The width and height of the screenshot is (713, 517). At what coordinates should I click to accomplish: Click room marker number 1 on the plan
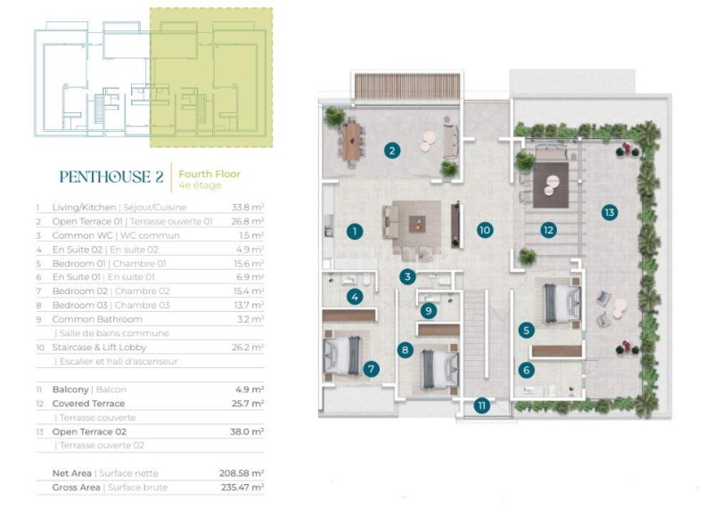(355, 232)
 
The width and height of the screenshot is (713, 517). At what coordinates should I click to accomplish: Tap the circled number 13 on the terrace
(610, 212)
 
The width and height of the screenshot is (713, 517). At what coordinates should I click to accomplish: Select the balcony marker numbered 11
(481, 406)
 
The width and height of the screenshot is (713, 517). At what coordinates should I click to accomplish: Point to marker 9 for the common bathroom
(429, 311)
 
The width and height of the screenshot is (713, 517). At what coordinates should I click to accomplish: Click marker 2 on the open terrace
(392, 150)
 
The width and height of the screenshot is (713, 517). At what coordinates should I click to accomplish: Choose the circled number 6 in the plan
(527, 370)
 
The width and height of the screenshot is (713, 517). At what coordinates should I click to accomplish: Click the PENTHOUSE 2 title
(111, 176)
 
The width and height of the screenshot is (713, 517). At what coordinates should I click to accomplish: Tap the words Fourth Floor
(209, 174)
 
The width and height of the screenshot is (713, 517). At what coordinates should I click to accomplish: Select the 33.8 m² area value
(248, 208)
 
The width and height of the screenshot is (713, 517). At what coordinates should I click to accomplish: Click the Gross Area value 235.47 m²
(242, 488)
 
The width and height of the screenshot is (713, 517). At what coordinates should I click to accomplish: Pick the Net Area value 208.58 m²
(242, 473)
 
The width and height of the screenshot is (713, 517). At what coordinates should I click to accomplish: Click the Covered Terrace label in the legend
(88, 403)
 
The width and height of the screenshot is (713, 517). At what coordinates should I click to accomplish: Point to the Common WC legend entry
(116, 235)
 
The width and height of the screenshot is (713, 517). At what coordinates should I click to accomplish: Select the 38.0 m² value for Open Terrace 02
(247, 431)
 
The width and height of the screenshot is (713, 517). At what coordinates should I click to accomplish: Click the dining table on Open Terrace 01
(351, 142)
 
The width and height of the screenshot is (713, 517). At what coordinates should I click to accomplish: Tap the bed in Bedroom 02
(342, 356)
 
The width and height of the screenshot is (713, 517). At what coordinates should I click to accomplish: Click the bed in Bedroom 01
(563, 303)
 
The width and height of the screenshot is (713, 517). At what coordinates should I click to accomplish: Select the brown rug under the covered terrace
(551, 185)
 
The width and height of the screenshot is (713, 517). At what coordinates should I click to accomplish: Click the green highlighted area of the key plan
(211, 78)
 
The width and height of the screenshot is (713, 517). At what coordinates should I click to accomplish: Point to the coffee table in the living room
(417, 224)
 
